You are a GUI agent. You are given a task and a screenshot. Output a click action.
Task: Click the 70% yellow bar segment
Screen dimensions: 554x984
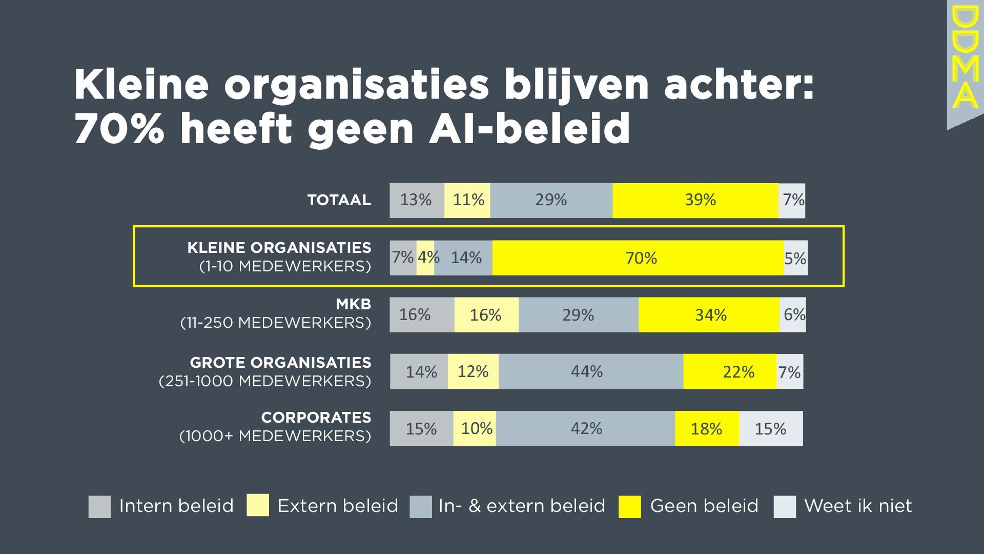pyautogui.click(x=638, y=258)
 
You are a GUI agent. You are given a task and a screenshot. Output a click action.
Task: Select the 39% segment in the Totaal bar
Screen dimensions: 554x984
pyautogui.click(x=695, y=200)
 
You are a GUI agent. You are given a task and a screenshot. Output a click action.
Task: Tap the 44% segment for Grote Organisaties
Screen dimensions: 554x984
pyautogui.click(x=590, y=371)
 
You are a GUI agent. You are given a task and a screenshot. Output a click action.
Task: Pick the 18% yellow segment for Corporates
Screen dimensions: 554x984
pyautogui.click(x=707, y=428)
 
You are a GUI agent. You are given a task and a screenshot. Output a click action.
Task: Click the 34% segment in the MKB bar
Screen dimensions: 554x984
pyautogui.click(x=709, y=314)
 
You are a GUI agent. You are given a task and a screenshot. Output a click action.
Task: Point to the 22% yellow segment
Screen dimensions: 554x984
pyautogui.click(x=730, y=371)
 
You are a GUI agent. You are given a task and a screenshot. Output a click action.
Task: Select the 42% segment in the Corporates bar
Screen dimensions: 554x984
pyautogui.click(x=585, y=428)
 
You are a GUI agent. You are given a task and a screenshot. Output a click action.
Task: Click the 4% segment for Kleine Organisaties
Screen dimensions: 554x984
pyautogui.click(x=425, y=258)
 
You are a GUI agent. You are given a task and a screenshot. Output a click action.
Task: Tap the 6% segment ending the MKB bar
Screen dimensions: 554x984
pyautogui.click(x=793, y=314)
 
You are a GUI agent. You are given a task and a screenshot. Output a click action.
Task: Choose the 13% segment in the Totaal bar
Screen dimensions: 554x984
pyautogui.click(x=417, y=200)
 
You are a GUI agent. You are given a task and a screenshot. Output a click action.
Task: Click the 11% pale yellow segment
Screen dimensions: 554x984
pyautogui.click(x=467, y=200)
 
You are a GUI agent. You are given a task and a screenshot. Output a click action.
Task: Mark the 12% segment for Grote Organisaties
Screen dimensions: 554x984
pyautogui.click(x=473, y=371)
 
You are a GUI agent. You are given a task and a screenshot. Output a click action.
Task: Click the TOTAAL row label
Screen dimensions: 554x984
pyautogui.click(x=339, y=200)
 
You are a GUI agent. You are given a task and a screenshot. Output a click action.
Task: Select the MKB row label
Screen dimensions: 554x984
pyautogui.click(x=353, y=304)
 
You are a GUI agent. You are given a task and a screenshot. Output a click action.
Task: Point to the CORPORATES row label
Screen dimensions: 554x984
pyautogui.click(x=316, y=418)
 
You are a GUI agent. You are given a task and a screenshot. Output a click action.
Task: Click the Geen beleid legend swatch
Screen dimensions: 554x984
pyautogui.click(x=629, y=506)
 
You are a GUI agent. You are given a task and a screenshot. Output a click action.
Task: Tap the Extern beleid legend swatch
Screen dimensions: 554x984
pyautogui.click(x=257, y=505)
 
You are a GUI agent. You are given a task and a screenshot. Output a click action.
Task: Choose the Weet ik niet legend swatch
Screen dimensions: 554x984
pyautogui.click(x=785, y=506)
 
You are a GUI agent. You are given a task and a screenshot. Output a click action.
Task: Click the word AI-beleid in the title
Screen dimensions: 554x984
pyautogui.click(x=529, y=128)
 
